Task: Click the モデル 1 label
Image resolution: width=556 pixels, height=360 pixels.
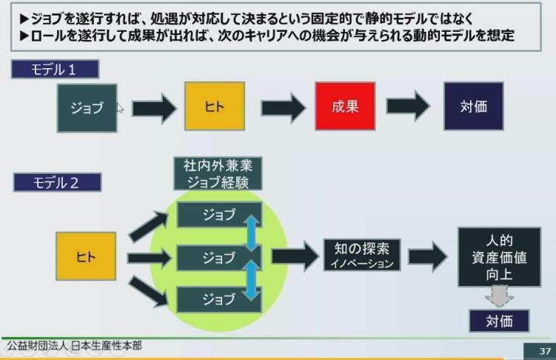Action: [x=55, y=69]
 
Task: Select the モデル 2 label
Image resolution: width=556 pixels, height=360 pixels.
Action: [x=58, y=182]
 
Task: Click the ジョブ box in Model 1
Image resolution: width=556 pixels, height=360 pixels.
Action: [x=87, y=108]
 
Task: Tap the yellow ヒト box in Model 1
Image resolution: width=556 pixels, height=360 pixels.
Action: [x=215, y=106]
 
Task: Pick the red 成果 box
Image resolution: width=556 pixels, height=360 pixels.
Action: [x=345, y=106]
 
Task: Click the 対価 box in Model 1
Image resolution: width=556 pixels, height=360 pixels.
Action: [x=473, y=106]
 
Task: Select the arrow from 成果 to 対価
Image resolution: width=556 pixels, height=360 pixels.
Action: [x=408, y=106]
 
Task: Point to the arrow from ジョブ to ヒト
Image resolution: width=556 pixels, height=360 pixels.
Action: [x=154, y=108]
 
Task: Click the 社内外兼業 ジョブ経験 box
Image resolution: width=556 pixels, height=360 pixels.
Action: [x=218, y=174]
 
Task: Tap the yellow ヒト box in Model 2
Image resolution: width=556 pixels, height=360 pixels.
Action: [x=86, y=256]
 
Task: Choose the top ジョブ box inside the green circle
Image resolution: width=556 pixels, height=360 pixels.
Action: [x=219, y=215]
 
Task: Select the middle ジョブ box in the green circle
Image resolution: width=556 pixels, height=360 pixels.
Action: [x=219, y=258]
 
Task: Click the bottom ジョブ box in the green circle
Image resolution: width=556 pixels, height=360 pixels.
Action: [x=219, y=300]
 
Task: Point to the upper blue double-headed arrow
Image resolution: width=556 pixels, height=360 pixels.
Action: [x=252, y=233]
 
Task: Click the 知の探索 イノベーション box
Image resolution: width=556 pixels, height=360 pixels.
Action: [x=362, y=255]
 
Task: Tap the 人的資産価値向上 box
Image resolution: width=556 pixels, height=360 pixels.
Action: [x=499, y=257]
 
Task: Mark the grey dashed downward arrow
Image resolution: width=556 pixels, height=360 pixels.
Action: [x=499, y=296]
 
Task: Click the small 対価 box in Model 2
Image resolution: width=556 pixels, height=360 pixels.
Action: [x=499, y=321]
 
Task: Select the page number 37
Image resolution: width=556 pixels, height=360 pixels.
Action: [x=545, y=351]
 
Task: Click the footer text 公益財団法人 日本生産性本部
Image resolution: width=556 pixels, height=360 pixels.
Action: [x=75, y=345]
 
